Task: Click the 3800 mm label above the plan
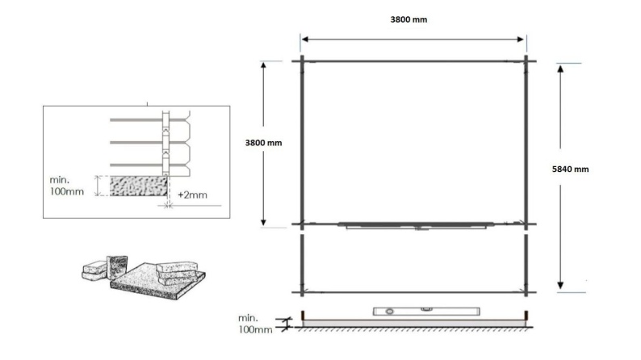pyautogui.click(x=408, y=19)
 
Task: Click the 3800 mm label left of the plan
pyautogui.click(x=263, y=143)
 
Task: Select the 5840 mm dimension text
pyautogui.click(x=570, y=170)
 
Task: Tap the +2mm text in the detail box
pyautogui.click(x=192, y=195)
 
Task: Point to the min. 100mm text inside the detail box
pyautogui.click(x=67, y=186)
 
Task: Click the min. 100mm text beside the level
pyautogui.click(x=255, y=324)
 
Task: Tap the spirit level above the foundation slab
pyautogui.click(x=426, y=312)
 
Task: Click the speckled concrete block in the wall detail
pyautogui.click(x=139, y=186)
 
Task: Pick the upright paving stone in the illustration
pyautogui.click(x=117, y=268)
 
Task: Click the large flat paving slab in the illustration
pyautogui.click(x=157, y=282)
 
